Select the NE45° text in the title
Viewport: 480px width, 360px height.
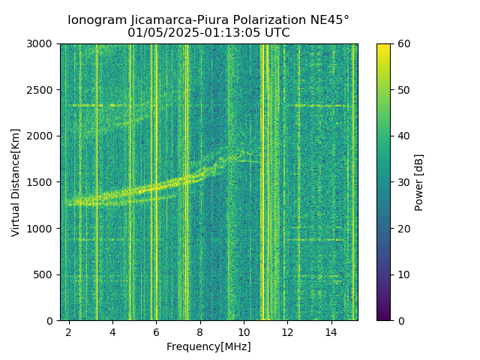(329, 20)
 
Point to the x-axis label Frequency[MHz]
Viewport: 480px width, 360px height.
(208, 346)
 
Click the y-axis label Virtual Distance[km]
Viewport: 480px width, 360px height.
(16, 182)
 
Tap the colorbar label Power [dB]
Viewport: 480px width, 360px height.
(419, 182)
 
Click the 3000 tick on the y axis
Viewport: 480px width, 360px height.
(42, 43)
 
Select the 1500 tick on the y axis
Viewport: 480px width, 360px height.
(42, 182)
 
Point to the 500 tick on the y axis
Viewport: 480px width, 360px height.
(45, 274)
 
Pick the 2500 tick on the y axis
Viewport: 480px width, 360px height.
(42, 90)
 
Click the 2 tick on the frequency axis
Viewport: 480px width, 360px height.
(69, 331)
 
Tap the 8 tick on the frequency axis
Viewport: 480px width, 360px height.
(200, 331)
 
